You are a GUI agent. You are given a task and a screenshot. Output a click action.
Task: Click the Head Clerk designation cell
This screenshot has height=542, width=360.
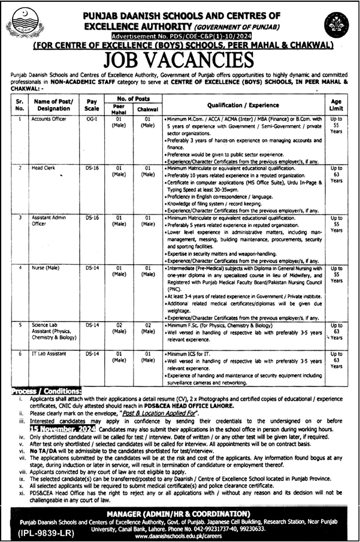(43, 169)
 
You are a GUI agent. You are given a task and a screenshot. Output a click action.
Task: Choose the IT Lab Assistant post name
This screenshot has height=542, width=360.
(49, 354)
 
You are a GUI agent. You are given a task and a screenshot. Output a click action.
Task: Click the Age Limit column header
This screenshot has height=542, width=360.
(336, 105)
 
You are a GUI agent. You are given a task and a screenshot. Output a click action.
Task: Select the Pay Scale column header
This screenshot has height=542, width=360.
(92, 105)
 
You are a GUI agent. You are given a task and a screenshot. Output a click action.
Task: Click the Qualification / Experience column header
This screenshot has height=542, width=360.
(244, 104)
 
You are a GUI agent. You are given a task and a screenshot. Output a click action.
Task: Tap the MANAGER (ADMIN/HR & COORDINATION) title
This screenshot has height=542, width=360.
(180, 513)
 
